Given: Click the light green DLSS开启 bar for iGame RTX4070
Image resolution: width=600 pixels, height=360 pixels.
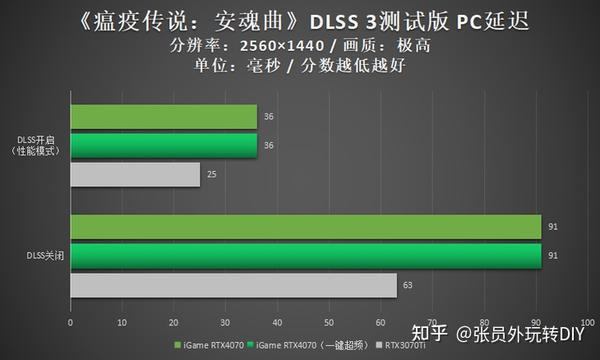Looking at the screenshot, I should coord(163,117).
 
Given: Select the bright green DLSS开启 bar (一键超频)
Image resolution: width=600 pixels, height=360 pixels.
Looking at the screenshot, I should coord(163,146).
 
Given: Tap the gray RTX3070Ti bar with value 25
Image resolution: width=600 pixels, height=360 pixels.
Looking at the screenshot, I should coord(135,175).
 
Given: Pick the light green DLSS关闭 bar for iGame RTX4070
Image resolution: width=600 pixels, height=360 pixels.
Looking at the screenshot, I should coord(305,228).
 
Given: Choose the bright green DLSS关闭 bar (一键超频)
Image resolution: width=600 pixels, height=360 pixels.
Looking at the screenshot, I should coord(305,257).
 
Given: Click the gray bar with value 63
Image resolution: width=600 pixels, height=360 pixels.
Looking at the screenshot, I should coord(233,287).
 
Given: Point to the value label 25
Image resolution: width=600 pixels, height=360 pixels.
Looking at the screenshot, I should coord(209,176).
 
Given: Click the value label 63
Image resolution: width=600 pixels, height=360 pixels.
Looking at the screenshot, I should coord(406,287).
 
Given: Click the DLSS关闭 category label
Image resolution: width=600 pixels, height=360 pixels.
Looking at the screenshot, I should coord(43,257).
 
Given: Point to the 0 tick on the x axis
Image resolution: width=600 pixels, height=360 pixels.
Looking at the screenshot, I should coord(70,323).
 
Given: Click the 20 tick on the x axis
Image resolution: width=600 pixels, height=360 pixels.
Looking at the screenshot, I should coord(174,323).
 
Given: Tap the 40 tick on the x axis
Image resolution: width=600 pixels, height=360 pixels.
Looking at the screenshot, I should coord(278,323).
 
